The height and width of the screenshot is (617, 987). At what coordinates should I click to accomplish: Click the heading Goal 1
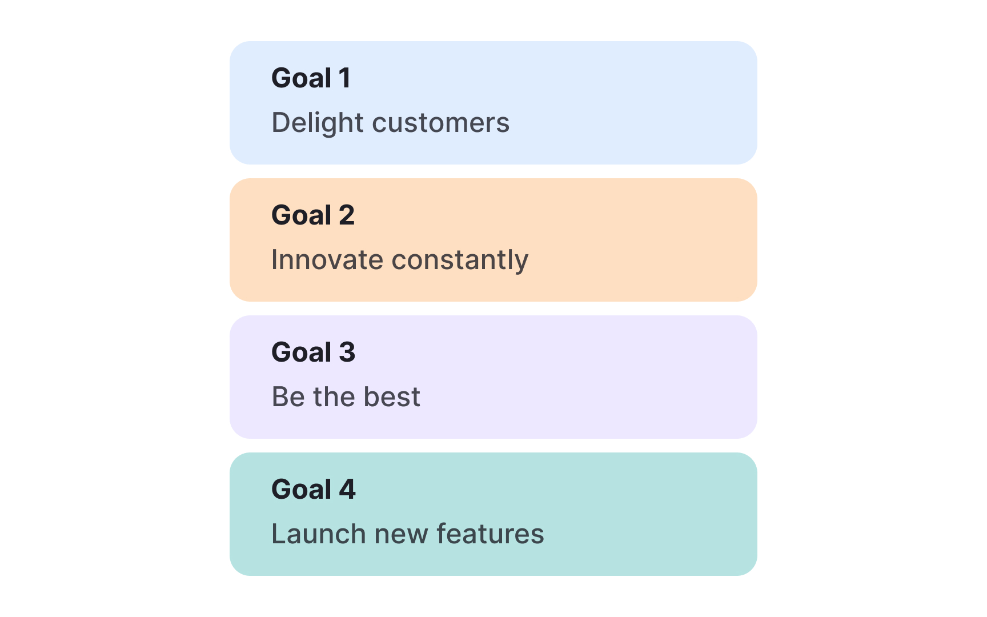click(311, 78)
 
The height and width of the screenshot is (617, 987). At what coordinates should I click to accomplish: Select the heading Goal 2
click(313, 215)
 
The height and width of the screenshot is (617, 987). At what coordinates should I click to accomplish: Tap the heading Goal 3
click(314, 352)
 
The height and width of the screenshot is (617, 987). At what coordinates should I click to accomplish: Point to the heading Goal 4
click(314, 490)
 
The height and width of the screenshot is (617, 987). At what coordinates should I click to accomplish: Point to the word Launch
click(318, 534)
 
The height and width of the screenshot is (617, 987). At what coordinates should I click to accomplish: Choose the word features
click(490, 534)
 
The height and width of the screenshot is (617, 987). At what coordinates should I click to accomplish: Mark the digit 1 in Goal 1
click(344, 78)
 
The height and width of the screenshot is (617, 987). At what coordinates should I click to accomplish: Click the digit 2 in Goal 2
click(347, 215)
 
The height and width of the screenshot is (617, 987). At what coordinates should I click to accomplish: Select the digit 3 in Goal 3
click(347, 352)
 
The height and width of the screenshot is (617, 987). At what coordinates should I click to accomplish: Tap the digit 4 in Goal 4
click(347, 490)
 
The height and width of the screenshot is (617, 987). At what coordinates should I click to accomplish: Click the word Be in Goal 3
click(288, 397)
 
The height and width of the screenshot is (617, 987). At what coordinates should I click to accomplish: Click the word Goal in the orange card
click(302, 215)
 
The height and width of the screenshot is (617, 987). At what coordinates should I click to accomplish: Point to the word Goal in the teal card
click(302, 490)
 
